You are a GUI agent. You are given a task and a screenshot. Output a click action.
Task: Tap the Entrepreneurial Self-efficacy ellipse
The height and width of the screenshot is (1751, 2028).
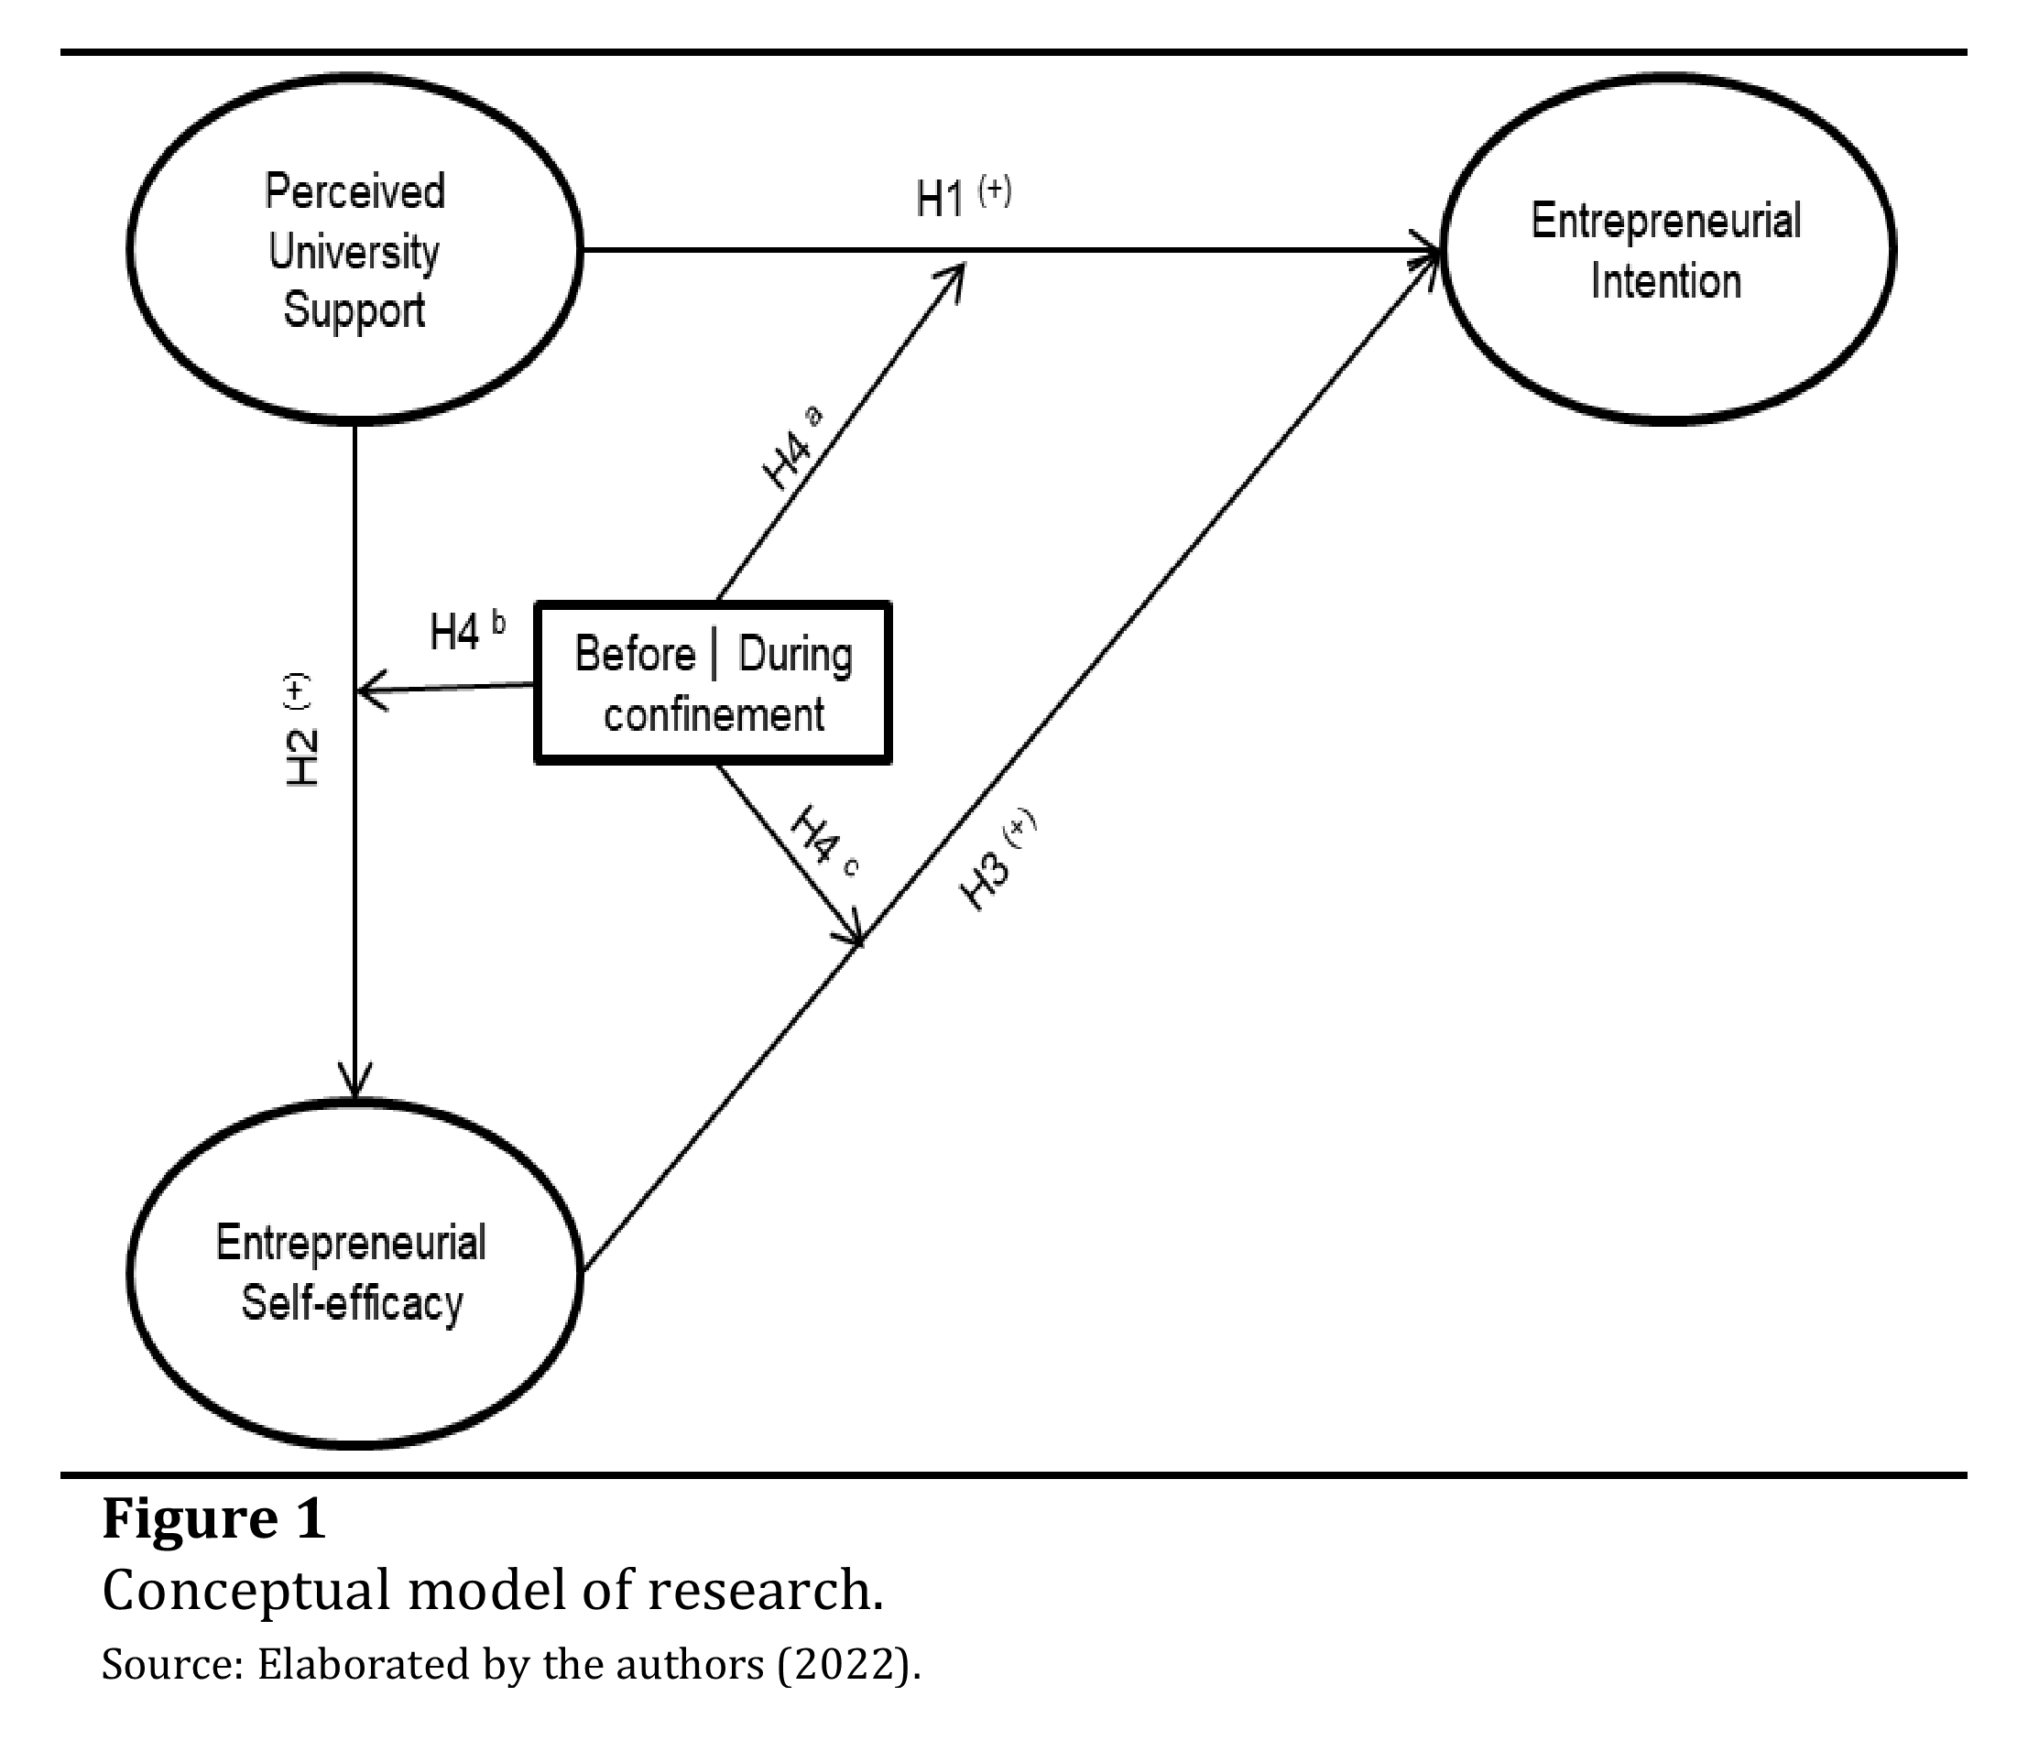tap(354, 1272)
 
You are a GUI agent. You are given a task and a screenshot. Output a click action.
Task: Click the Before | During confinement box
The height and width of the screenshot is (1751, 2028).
tap(713, 683)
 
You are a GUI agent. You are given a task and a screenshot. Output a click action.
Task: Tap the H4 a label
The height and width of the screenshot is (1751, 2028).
tap(790, 451)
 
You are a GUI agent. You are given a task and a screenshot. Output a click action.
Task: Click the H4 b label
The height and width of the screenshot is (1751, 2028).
tap(467, 631)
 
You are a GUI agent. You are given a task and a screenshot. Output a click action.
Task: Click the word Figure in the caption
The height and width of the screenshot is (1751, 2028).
tap(190, 1520)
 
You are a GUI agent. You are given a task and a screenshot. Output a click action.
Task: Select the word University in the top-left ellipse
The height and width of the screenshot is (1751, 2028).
tap(354, 253)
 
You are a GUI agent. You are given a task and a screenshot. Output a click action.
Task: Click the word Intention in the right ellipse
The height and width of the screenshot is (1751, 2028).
tap(1666, 282)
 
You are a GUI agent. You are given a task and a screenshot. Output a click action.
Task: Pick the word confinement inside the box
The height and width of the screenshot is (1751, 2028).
tap(714, 714)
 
